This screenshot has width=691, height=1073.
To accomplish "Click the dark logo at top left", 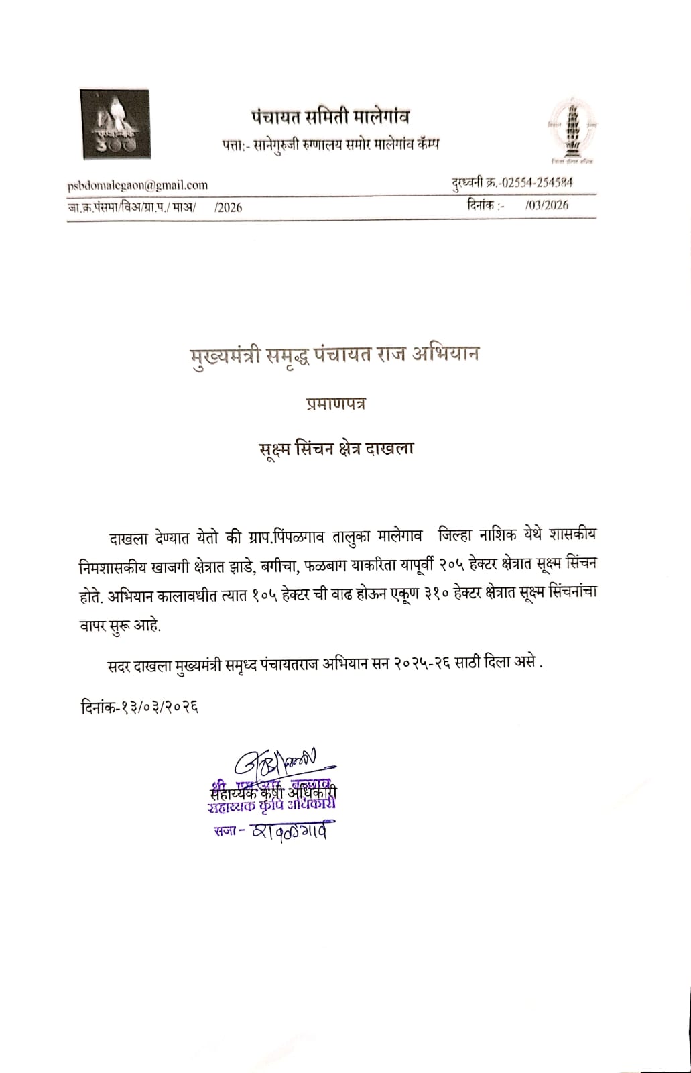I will point(115,124).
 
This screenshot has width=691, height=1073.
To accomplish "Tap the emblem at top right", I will point(572,129).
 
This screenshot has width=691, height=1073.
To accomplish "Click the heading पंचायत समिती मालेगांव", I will point(330,117).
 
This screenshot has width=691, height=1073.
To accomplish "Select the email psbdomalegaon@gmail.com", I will point(137,185).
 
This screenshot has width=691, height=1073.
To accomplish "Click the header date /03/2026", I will point(547,205).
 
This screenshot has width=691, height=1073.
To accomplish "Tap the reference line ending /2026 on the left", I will point(155,207).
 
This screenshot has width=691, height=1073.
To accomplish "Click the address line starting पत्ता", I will point(330,144).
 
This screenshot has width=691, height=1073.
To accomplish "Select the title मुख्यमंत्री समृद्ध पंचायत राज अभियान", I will point(333,353).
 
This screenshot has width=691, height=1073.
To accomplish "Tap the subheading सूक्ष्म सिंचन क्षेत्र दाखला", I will point(336,448).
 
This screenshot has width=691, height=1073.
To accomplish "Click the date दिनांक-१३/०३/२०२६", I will point(139,707).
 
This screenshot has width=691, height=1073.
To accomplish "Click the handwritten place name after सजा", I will point(291,831).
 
